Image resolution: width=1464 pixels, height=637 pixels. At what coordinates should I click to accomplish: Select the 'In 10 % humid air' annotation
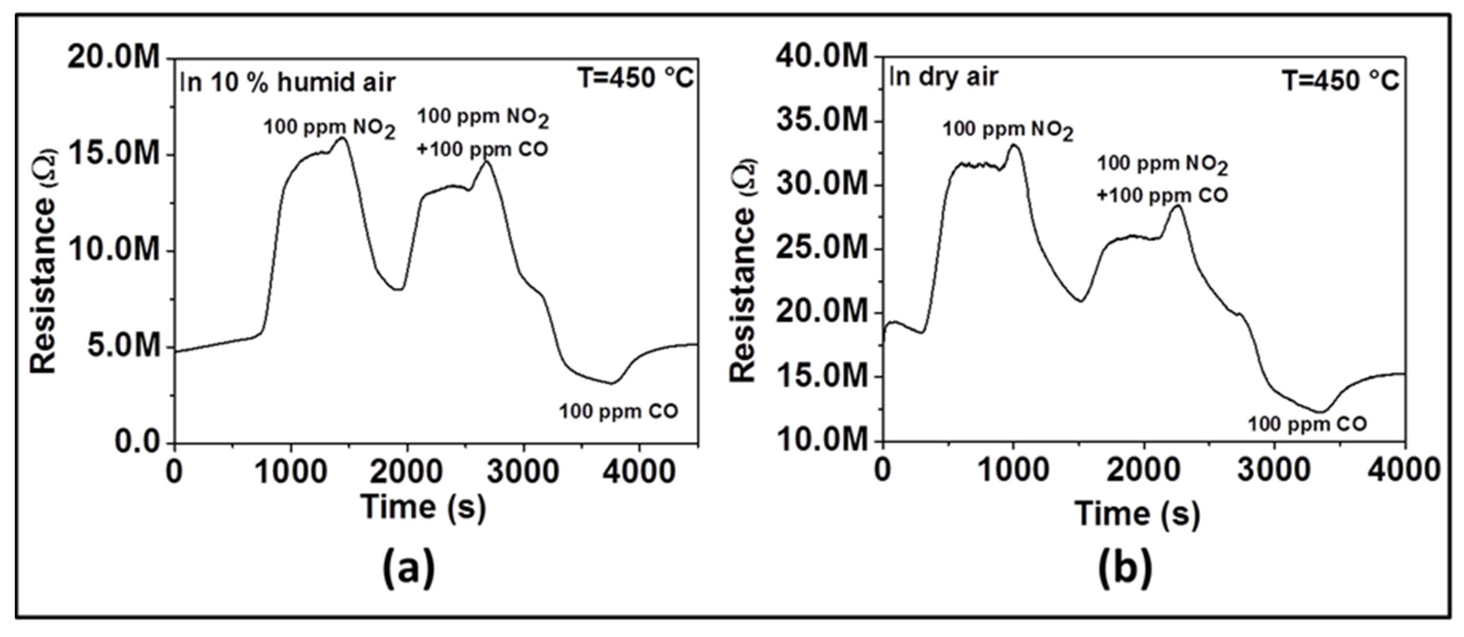pyautogui.click(x=288, y=82)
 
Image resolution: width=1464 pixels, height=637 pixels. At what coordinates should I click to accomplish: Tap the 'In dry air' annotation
pyautogui.click(x=943, y=76)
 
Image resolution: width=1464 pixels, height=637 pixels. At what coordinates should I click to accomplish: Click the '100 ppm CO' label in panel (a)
pyautogui.click(x=618, y=411)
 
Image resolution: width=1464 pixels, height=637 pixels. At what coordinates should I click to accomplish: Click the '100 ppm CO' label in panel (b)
pyautogui.click(x=1307, y=424)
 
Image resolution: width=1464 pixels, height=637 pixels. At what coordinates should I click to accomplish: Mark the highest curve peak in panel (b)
pyautogui.click(x=1014, y=145)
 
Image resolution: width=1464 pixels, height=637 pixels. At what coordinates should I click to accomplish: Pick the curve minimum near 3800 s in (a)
pyautogui.click(x=612, y=383)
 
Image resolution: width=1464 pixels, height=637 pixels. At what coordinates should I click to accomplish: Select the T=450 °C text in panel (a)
pyautogui.click(x=636, y=78)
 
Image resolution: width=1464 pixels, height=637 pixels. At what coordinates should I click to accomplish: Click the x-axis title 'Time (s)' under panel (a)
pyautogui.click(x=423, y=507)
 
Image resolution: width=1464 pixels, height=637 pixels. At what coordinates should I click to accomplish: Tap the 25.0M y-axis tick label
pyautogui.click(x=823, y=248)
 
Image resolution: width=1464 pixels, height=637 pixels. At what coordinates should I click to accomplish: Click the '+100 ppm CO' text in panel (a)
pyautogui.click(x=482, y=149)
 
